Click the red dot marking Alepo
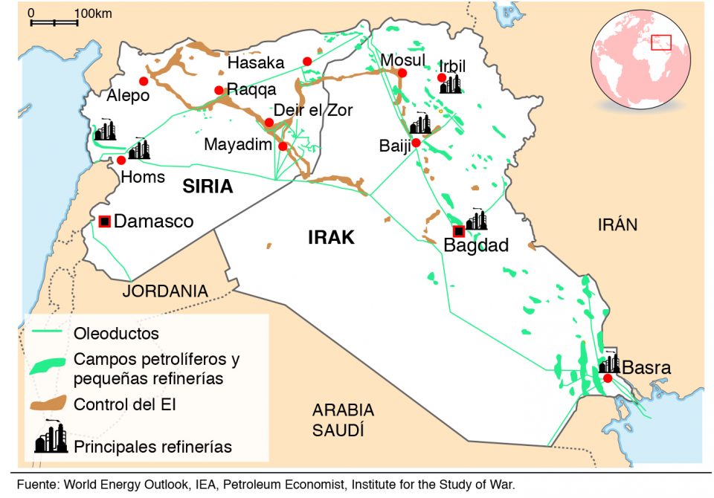pos(144,81)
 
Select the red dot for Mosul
pos(402,73)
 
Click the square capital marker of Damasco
pos(104,221)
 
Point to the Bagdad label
pos(475,245)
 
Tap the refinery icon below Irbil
pos(450,83)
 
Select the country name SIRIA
pos(208,187)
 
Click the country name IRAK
pos(331,238)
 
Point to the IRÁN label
pos(617,225)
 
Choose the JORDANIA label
pos(165,291)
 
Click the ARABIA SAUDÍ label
pos(343,420)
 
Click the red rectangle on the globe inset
pos(660,42)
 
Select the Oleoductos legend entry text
pos(116,334)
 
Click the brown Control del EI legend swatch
pos(48,405)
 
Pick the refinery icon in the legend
pos(51,439)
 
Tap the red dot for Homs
pos(121,160)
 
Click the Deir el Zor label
pos(313,110)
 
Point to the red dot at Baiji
pos(416,142)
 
